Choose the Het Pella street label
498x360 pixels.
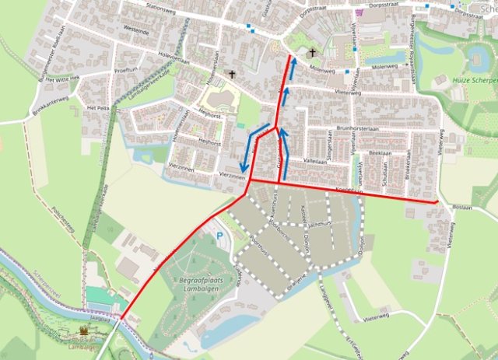(x=98, y=107)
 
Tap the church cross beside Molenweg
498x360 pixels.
(x=313, y=53)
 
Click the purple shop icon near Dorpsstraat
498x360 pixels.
(x=358, y=13)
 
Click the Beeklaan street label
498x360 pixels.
(x=380, y=154)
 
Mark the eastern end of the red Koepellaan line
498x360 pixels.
(x=437, y=202)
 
